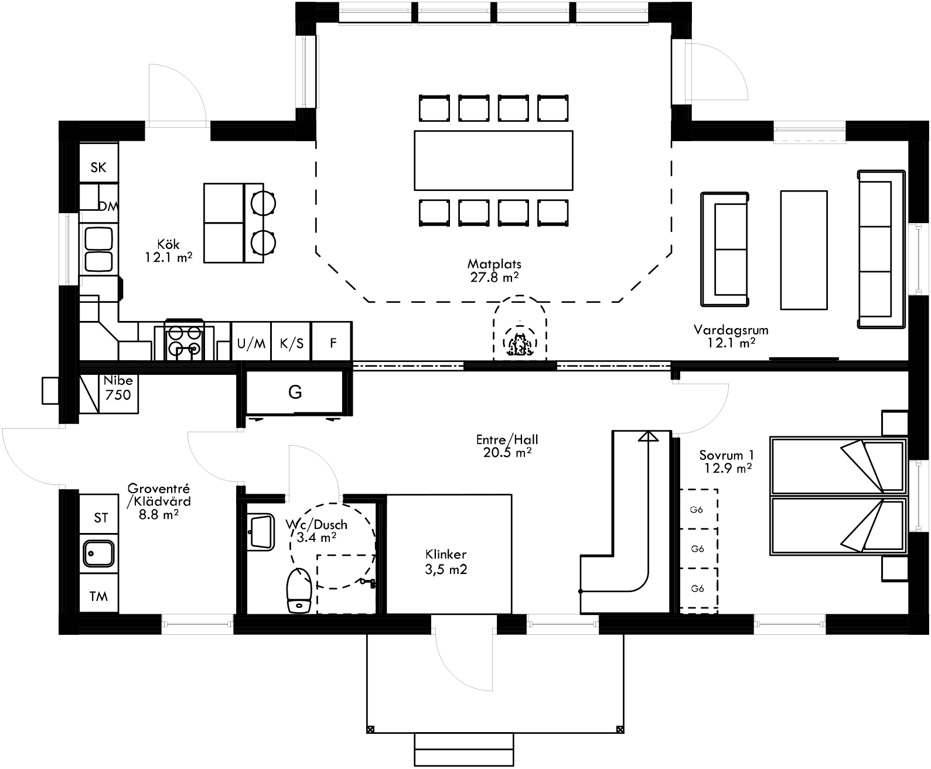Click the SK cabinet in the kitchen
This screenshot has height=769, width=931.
(x=98, y=168)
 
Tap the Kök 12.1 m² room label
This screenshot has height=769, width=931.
(x=169, y=250)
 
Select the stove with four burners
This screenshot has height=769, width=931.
(x=185, y=341)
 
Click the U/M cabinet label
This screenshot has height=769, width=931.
(x=251, y=343)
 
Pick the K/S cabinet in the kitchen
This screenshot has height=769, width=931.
(x=291, y=343)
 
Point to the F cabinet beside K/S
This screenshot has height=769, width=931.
(x=332, y=343)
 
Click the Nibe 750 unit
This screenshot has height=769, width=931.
(x=117, y=388)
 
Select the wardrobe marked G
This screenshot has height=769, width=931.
(x=295, y=392)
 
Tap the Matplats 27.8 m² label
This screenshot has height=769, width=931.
(x=494, y=271)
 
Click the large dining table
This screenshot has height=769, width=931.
(x=493, y=160)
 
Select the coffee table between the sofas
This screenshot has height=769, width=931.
(x=803, y=250)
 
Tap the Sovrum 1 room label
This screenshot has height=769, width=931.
(x=727, y=461)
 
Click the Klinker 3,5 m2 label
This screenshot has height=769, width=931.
(x=446, y=561)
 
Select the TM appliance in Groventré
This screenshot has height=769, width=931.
(x=98, y=596)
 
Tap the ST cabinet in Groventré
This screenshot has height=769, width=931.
(x=100, y=518)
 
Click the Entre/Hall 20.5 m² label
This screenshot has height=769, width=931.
(x=507, y=445)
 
